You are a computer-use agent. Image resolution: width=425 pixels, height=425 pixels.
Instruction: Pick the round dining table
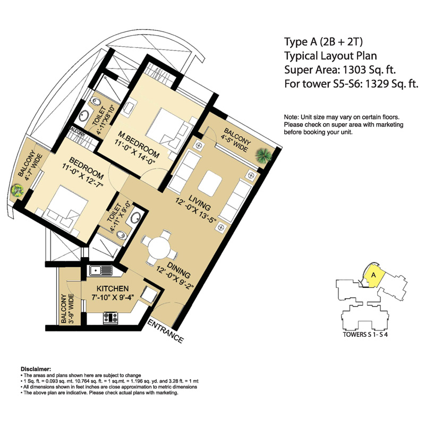157,248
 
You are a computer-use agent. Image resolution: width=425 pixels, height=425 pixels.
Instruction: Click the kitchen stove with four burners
110,317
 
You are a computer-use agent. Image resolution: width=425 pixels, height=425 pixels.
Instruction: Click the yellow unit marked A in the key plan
373,276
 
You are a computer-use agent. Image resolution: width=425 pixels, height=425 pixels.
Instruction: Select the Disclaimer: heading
36,368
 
